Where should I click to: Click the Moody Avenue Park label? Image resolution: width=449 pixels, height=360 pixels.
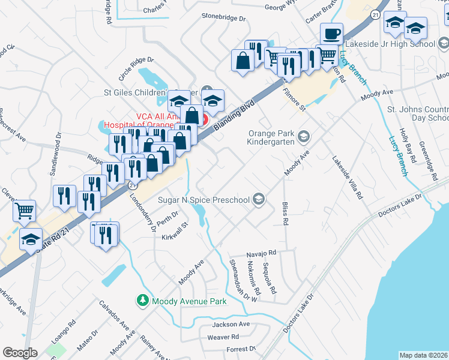click(x=189, y=301)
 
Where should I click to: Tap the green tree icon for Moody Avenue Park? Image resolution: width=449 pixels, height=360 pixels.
click(x=143, y=300)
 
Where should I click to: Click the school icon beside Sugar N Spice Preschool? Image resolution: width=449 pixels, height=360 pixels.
click(x=259, y=199)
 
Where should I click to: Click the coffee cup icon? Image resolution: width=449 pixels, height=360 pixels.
click(x=331, y=34)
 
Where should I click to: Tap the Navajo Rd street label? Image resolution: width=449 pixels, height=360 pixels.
click(x=260, y=253)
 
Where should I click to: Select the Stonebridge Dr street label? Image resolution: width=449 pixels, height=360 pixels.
click(x=224, y=18)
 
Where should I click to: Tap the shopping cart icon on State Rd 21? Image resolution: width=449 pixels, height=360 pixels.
click(x=25, y=211)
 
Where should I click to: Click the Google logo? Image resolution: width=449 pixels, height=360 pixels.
click(x=20, y=353)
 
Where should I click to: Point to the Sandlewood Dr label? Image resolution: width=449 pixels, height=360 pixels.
click(x=56, y=154)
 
